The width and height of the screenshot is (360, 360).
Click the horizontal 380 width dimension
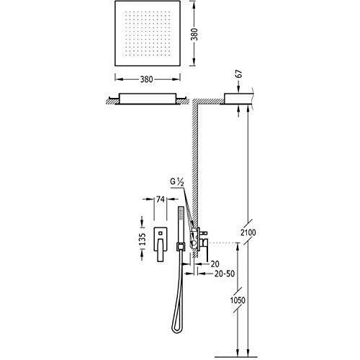(147, 79)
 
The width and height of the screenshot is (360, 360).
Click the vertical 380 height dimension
(195, 34)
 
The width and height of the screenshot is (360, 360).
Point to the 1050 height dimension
(238, 300)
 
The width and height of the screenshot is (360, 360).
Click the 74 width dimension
(160, 199)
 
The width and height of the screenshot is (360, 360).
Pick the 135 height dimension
(143, 239)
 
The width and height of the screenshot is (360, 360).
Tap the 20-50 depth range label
(224, 274)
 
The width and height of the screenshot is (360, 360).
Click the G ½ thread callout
(177, 181)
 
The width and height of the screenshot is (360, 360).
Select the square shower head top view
(148, 33)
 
